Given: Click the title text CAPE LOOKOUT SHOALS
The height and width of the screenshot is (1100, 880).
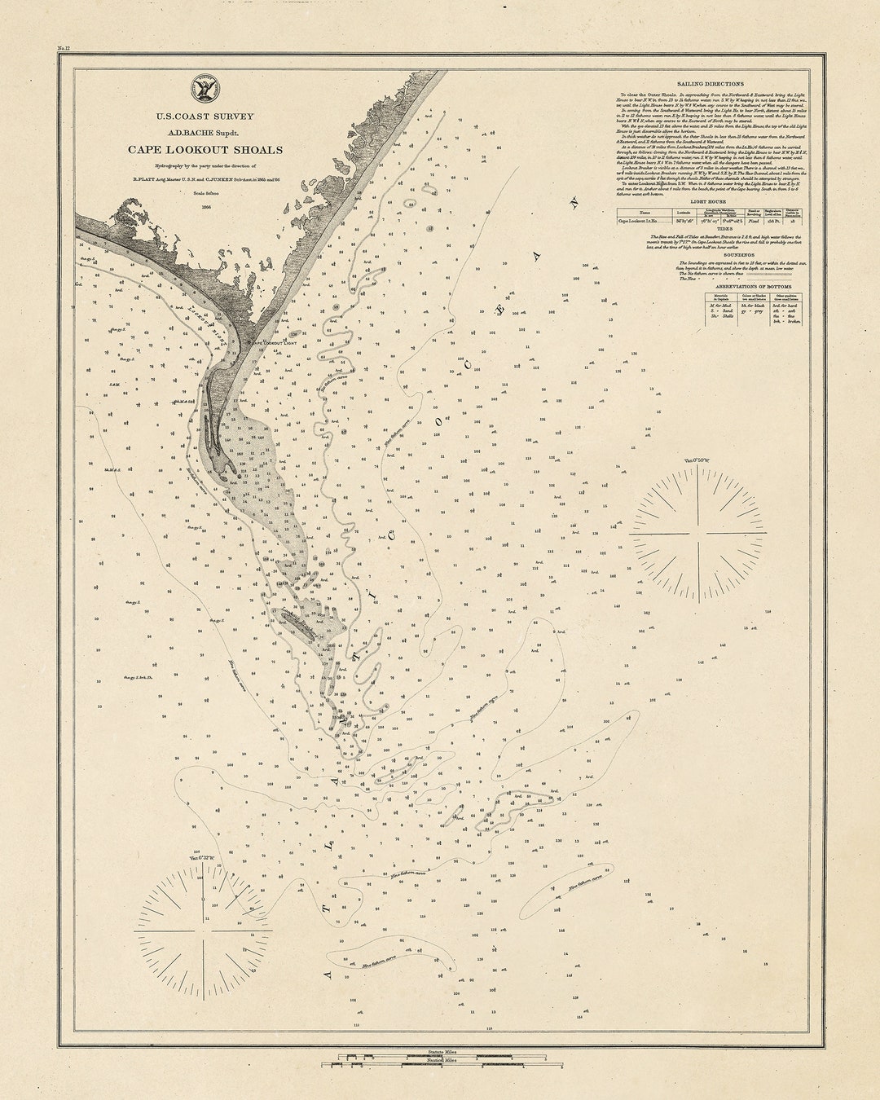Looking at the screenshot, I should click(205, 149).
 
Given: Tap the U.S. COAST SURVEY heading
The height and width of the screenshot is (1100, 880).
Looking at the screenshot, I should click(205, 117).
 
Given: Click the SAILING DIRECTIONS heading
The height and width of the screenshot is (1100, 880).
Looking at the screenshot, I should click(710, 84).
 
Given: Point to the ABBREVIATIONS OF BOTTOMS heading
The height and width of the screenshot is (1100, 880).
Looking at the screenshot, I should click(710, 287).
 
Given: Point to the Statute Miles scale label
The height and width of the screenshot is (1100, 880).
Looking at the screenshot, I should click(441, 1053).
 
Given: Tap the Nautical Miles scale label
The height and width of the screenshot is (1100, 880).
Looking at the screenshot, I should click(441, 1060).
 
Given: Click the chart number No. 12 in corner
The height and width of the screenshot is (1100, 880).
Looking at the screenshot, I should click(64, 50).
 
